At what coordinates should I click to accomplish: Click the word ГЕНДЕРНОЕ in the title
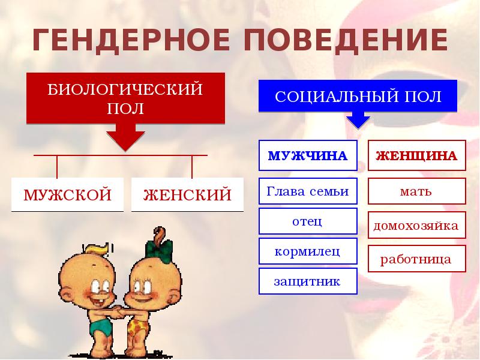[131, 40]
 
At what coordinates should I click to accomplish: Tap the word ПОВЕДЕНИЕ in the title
[346, 40]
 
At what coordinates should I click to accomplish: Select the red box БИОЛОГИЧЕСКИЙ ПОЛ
[125, 98]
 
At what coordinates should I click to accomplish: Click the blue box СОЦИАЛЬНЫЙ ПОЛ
[358, 96]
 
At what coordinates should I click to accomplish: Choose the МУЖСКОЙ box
[67, 194]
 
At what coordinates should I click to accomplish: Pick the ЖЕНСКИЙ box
[187, 194]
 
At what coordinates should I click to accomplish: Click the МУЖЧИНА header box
[308, 155]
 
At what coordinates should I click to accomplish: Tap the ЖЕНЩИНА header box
[416, 155]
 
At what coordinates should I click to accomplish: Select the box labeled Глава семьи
[308, 191]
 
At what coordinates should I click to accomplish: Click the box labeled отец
[308, 221]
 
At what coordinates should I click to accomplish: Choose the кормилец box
[308, 251]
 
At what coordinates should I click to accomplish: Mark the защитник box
[308, 281]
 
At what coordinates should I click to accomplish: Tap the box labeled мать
[416, 191]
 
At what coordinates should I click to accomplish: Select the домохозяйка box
[416, 225]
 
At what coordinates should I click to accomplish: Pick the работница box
[416, 259]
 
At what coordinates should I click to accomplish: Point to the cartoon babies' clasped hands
[119, 312]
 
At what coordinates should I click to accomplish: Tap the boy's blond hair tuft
[97, 248]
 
